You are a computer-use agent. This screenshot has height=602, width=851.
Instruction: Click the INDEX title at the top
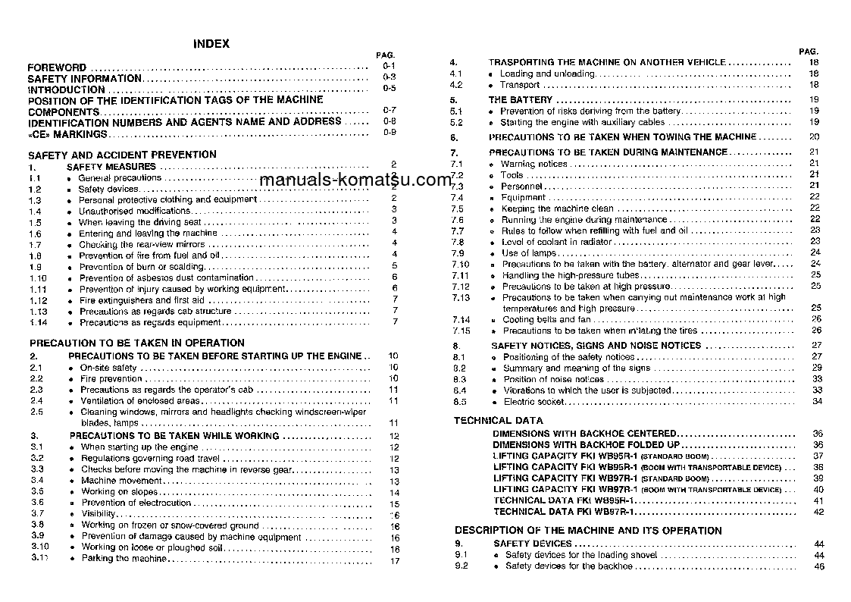211,44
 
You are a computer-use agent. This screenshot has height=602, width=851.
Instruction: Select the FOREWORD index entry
57,67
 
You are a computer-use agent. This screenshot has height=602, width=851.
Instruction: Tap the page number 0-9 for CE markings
390,133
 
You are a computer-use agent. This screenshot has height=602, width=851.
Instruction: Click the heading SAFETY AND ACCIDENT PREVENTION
122,154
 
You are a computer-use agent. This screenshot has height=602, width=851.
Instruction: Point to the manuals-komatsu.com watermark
355,180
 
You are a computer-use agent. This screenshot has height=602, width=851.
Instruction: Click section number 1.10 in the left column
38,278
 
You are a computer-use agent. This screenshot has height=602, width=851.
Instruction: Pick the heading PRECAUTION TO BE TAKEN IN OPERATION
137,343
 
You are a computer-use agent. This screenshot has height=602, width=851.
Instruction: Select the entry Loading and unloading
547,74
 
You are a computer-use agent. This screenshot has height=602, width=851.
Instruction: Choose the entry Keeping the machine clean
558,209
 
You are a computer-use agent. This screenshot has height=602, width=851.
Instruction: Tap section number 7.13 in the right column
460,298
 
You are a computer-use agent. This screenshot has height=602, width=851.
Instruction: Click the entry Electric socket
534,402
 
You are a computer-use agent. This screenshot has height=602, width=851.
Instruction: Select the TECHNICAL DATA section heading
499,420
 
